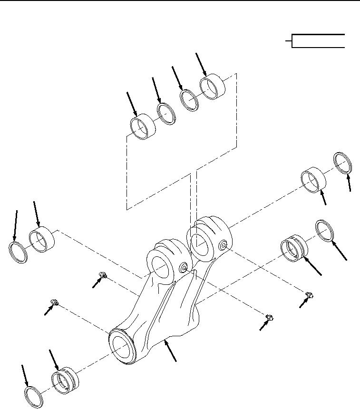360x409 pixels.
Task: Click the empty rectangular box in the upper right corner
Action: (x=318, y=41)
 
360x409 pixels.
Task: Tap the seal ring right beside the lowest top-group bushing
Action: (x=167, y=114)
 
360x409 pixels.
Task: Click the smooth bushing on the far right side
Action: (x=313, y=180)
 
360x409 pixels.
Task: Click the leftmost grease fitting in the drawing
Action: (x=55, y=302)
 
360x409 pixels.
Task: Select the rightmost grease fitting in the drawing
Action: (x=309, y=296)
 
